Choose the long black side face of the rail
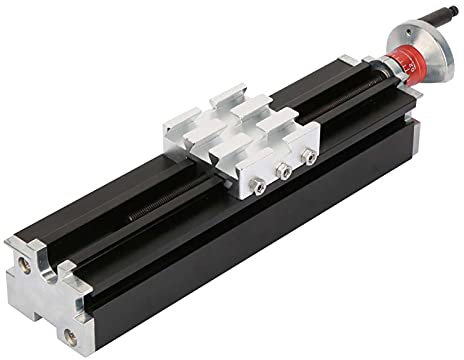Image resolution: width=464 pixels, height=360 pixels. pos(250,250)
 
